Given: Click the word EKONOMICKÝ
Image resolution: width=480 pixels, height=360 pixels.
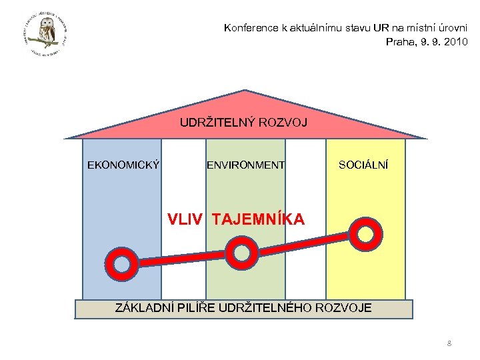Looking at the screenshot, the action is (x=123, y=165).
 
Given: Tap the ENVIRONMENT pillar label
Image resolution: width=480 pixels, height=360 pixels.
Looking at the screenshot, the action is (x=245, y=165).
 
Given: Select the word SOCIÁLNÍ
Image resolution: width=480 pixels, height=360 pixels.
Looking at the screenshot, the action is (x=363, y=165).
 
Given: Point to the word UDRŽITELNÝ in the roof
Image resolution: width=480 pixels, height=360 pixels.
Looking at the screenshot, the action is (x=213, y=122).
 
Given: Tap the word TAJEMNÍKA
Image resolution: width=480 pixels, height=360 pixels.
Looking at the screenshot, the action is (x=258, y=219).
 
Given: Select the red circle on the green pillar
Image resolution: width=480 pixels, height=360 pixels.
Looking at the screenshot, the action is (x=241, y=252).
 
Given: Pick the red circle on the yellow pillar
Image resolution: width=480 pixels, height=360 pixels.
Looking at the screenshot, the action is (x=365, y=231).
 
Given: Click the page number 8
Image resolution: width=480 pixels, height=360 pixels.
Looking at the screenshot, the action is (x=449, y=343).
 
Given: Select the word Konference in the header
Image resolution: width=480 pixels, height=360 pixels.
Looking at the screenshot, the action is (x=251, y=28).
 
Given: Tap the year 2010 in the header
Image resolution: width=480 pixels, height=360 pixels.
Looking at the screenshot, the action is (x=454, y=41).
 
